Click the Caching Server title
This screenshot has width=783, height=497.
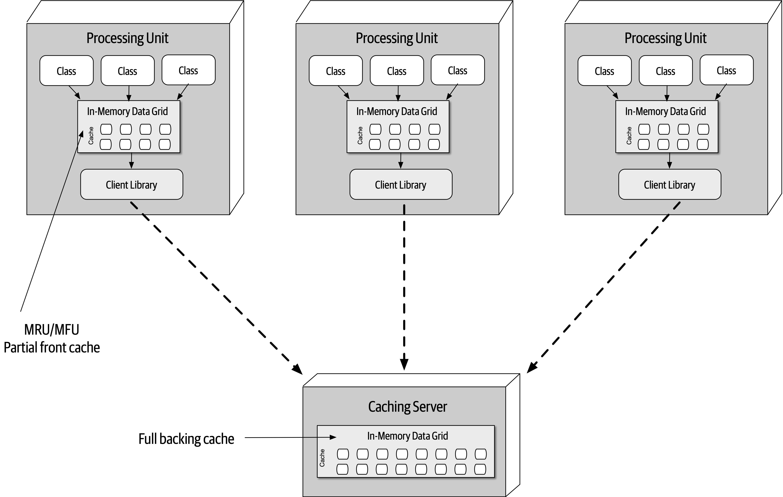click(x=407, y=407)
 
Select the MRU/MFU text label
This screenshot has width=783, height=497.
click(x=52, y=330)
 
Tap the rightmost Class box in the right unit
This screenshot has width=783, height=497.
click(x=726, y=70)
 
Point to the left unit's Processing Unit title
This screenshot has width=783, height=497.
click(x=127, y=38)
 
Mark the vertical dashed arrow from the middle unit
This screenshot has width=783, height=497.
click(x=404, y=286)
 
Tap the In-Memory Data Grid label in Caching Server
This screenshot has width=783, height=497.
click(x=407, y=436)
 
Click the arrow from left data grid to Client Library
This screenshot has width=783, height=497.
click(x=131, y=161)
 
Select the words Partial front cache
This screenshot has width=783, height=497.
click(x=52, y=347)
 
